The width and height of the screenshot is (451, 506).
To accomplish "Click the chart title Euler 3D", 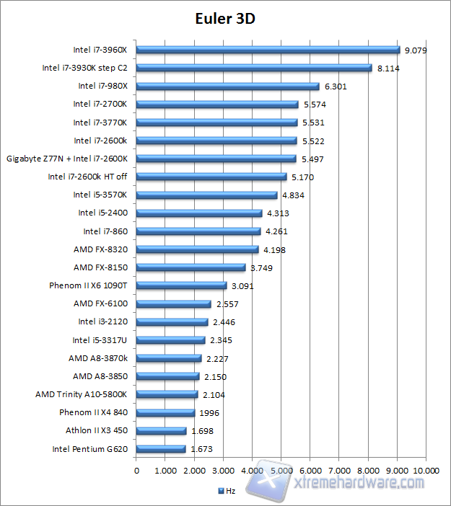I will point(224,18).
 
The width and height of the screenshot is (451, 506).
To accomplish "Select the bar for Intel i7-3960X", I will point(268,50).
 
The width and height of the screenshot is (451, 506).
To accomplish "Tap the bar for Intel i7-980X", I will point(227,86).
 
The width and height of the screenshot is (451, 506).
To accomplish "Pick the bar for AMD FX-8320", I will point(197,249).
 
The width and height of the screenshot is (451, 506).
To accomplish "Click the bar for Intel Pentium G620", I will point(161,449).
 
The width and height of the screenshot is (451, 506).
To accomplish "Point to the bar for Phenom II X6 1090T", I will point(181,285).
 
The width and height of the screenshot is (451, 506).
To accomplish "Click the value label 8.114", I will point(387,68).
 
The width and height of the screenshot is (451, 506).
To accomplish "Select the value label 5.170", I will point(302,177).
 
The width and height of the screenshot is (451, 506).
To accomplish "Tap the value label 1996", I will point(209,413).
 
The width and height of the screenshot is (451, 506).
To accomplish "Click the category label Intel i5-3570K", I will point(100,195).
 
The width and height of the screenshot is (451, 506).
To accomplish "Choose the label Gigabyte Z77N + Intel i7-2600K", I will point(67,159).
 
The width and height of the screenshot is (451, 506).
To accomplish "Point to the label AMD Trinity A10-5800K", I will point(82,394).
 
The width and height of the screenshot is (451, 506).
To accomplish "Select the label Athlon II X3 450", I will point(96,431).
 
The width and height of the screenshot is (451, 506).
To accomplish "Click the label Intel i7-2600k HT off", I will point(87,177).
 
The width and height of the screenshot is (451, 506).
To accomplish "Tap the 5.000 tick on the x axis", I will point(281,471).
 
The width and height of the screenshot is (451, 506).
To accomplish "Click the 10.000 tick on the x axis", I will point(426,471).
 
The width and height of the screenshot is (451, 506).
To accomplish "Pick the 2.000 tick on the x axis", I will point(195,471).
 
